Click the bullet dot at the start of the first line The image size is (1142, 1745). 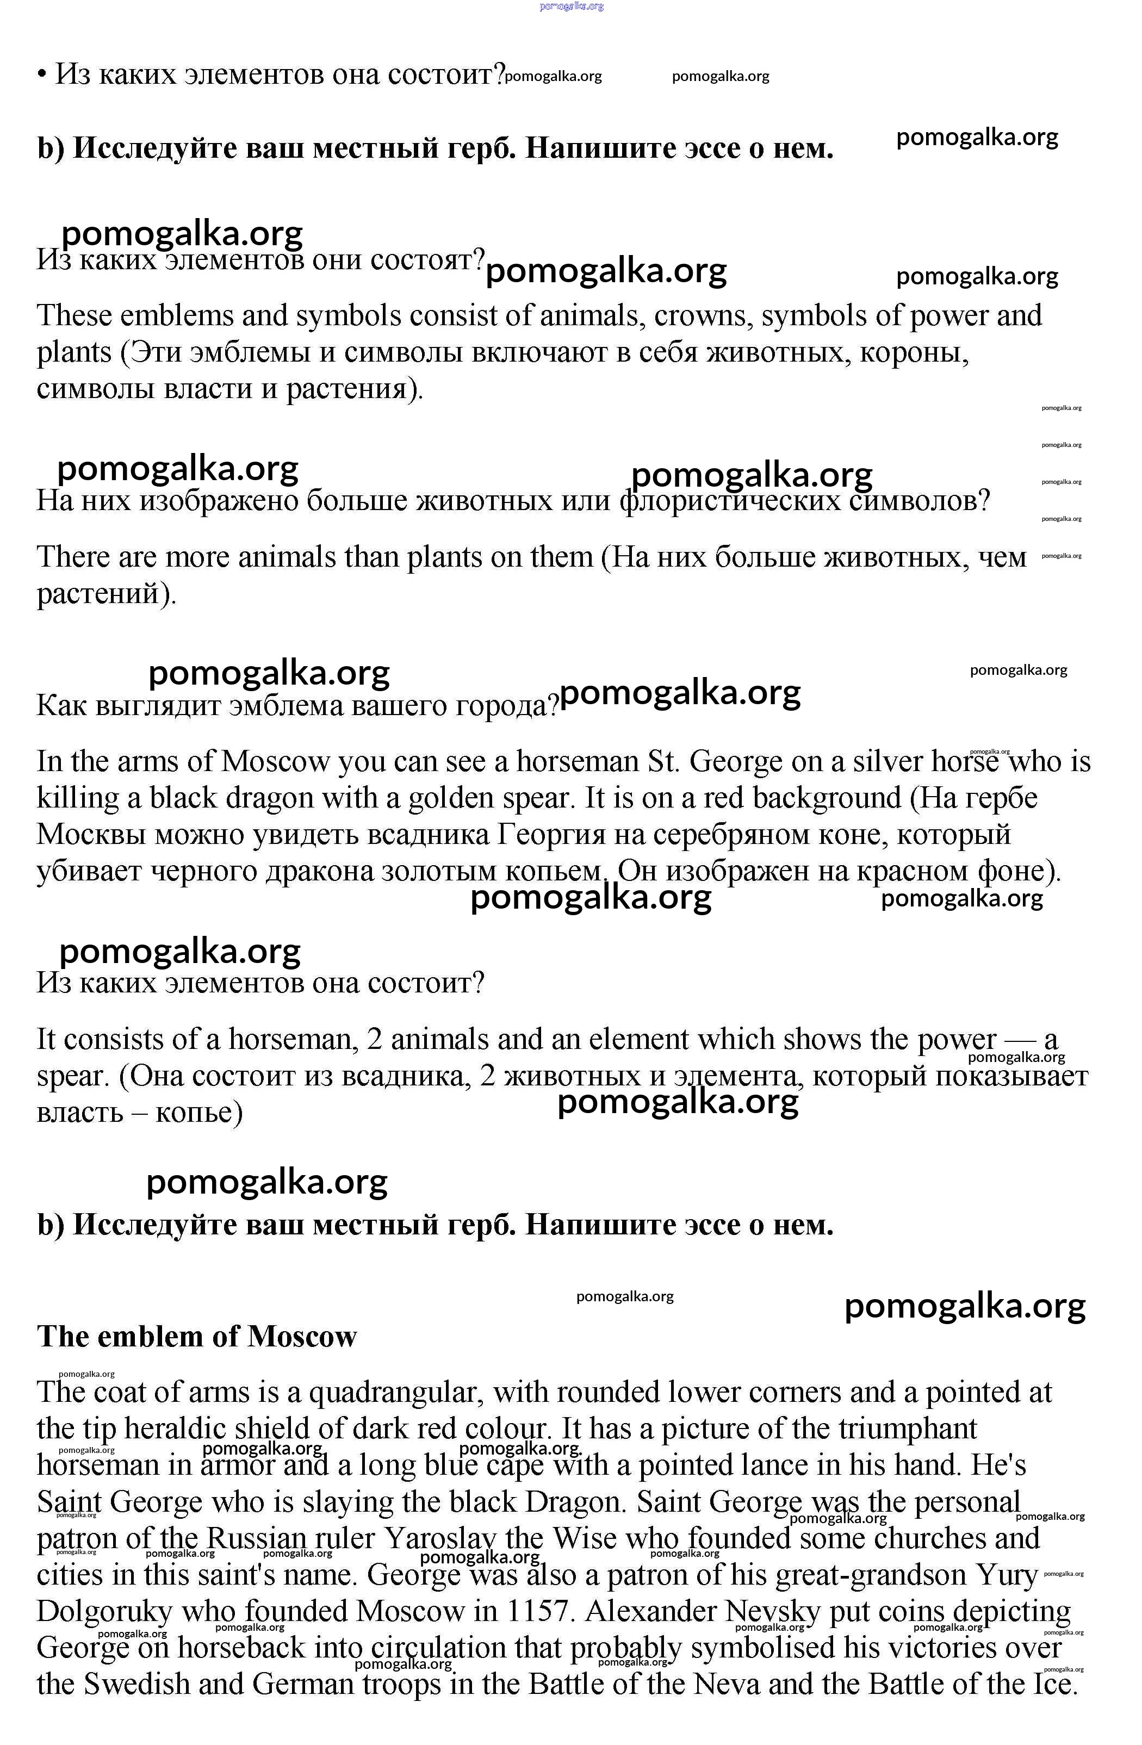point(42,75)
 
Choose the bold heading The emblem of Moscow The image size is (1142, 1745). point(196,1337)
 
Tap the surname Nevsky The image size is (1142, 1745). point(772,1612)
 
